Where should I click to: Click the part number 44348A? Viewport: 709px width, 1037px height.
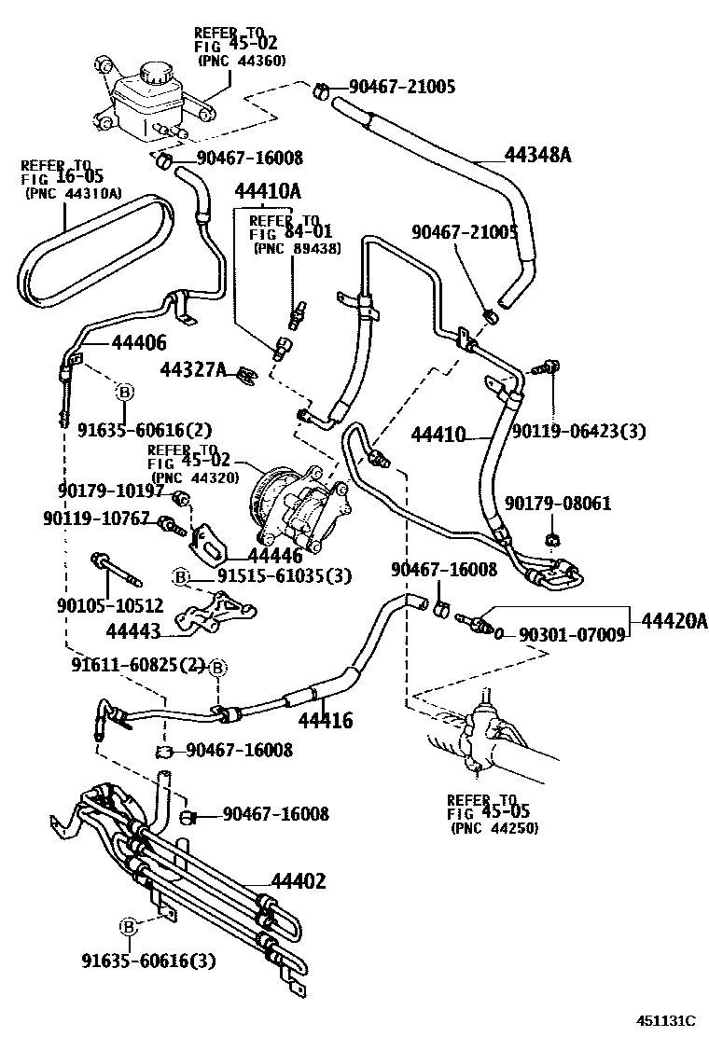537,155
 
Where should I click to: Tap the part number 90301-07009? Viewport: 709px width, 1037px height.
571,635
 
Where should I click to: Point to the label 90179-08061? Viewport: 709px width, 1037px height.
558,503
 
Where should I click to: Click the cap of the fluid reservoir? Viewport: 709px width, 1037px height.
155,74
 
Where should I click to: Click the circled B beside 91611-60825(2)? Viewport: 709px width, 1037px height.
217,668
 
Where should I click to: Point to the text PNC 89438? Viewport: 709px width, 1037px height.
297,248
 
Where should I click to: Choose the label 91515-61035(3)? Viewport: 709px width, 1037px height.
285,575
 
